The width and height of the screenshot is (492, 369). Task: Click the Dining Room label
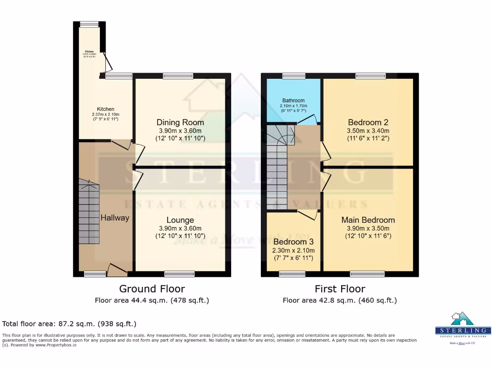[180, 122]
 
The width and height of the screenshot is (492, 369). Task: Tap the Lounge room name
[180, 220]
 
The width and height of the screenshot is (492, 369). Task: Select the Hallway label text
[115, 218]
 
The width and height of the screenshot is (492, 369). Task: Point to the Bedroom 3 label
[294, 242]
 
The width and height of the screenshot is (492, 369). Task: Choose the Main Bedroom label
[368, 220]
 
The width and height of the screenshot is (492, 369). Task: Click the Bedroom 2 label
[368, 122]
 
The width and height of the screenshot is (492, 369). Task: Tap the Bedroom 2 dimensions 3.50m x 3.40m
[368, 131]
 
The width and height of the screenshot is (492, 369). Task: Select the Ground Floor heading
[152, 289]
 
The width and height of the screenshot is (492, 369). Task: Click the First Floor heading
[340, 289]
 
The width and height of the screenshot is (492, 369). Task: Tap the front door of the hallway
[117, 271]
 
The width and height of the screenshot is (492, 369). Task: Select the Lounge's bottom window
[179, 274]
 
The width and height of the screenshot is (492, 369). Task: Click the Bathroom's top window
[294, 75]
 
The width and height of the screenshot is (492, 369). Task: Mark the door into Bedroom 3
[310, 214]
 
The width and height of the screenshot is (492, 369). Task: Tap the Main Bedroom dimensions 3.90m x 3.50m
[368, 229]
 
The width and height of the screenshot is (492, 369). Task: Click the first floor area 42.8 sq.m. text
[340, 301]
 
